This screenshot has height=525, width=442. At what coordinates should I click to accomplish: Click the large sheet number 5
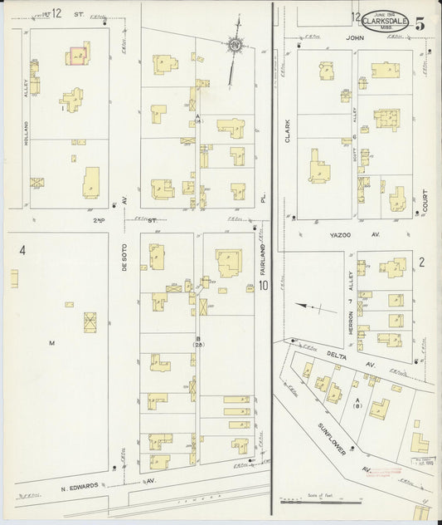421,23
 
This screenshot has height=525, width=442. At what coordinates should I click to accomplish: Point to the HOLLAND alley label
27,153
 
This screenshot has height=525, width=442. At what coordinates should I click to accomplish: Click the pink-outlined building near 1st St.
77,55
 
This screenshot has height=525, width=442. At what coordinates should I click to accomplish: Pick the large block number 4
23,250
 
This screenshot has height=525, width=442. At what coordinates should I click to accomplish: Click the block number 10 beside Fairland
263,287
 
